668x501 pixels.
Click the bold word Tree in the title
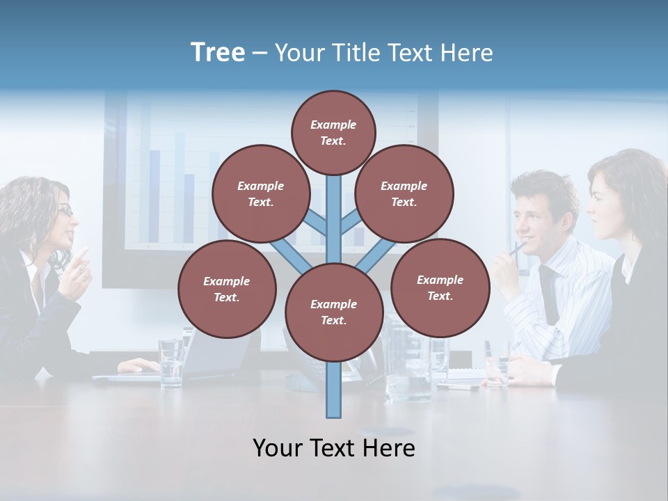click(218, 53)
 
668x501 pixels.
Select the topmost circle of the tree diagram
click(333, 132)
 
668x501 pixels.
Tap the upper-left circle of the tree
click(260, 194)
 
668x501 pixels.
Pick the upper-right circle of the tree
click(404, 194)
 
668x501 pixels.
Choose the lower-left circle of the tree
click(226, 289)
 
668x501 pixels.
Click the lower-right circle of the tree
click(440, 288)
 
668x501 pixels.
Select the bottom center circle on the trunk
click(333, 312)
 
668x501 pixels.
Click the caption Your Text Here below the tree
click(333, 448)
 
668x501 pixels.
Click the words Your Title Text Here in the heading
click(383, 53)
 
